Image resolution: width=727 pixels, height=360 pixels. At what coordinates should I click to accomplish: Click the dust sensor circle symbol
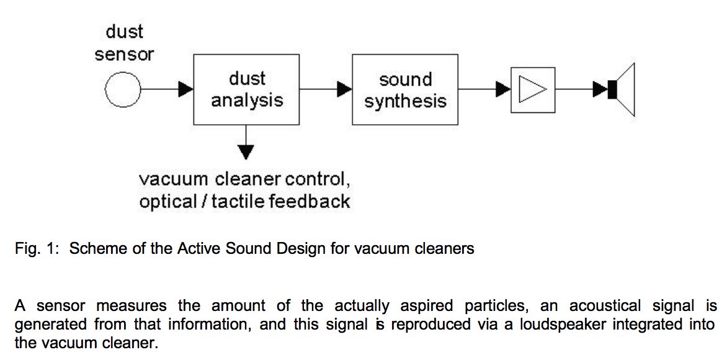pos(124,90)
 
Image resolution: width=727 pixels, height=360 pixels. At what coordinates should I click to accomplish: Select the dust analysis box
pos(247,89)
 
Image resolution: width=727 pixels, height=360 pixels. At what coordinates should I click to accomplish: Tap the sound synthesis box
pos(405,90)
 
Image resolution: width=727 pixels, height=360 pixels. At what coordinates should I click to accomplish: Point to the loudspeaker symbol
pos(622,90)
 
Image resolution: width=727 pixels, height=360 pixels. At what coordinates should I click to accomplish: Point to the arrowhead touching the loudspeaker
pos(600,90)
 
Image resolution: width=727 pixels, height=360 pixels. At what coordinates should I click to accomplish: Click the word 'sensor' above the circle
pos(124,55)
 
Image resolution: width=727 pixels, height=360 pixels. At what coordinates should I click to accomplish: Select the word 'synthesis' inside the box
pos(405,101)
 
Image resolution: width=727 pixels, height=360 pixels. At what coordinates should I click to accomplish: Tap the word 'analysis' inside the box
pos(247,101)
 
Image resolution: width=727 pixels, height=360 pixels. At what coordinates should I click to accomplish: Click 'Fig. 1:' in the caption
pos(37,250)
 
